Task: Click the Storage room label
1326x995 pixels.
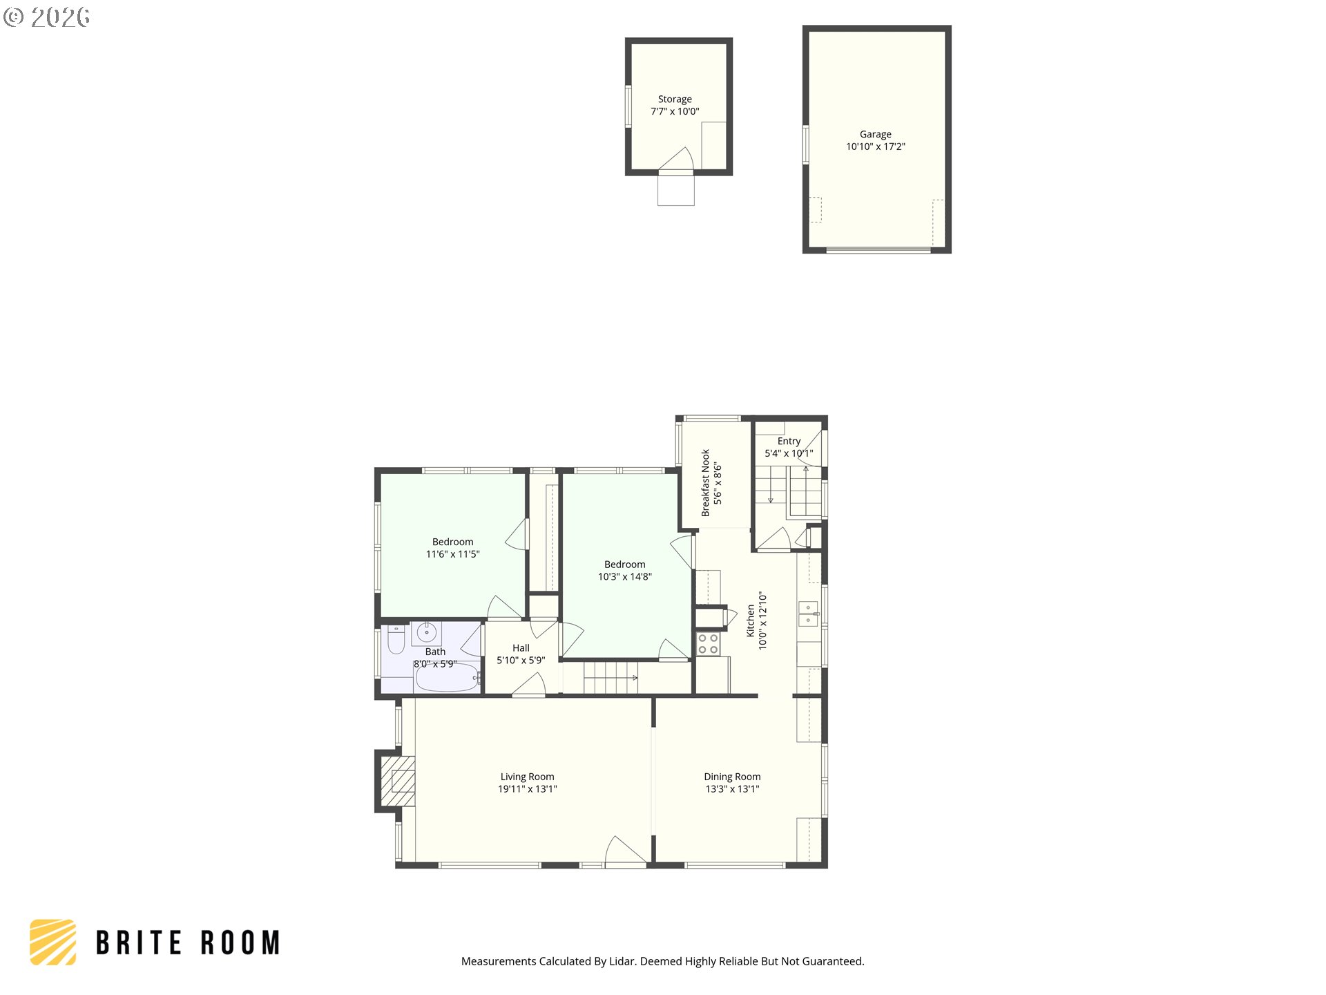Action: (674, 99)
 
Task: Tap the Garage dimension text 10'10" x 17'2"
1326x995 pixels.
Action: (875, 146)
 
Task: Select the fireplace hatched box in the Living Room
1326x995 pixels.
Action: (398, 781)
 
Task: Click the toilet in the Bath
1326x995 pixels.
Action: (396, 640)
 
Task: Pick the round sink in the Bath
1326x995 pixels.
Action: (427, 632)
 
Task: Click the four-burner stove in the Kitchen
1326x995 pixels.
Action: (708, 644)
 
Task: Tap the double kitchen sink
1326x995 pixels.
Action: (808, 614)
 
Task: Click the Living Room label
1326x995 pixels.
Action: (527, 777)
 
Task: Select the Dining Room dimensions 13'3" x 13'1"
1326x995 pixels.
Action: (732, 789)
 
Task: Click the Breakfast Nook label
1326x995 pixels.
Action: (705, 482)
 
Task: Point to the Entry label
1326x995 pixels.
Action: (789, 441)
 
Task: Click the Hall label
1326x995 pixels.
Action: (521, 648)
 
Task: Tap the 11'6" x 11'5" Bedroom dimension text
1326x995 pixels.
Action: (452, 554)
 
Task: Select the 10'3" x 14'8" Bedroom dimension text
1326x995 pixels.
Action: (624, 577)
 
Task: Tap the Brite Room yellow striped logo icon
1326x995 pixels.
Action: (53, 942)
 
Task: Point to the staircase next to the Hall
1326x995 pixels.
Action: (611, 678)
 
